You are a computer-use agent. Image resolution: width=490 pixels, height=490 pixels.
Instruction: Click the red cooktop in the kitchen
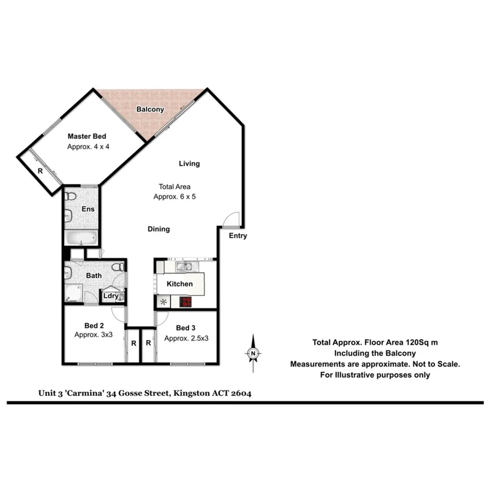click(x=186, y=301)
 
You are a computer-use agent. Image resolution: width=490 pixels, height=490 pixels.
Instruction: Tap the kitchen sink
click(x=183, y=267)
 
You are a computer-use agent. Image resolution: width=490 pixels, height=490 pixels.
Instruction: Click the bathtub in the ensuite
click(x=81, y=238)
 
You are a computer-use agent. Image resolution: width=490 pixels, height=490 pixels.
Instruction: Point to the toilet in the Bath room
click(x=120, y=267)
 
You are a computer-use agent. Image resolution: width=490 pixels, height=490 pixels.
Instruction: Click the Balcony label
click(x=150, y=109)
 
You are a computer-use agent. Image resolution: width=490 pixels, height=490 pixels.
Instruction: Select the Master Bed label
click(x=87, y=137)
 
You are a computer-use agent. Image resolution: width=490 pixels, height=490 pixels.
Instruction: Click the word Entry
click(x=238, y=236)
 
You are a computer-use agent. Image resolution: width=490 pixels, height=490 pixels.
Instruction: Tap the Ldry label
click(x=111, y=296)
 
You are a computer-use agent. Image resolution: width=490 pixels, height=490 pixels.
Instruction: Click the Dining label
click(x=159, y=229)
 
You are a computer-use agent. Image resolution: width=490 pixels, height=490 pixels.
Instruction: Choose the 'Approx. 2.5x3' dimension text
click(x=186, y=338)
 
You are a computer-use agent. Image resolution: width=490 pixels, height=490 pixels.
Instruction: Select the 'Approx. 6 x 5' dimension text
click(x=175, y=196)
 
